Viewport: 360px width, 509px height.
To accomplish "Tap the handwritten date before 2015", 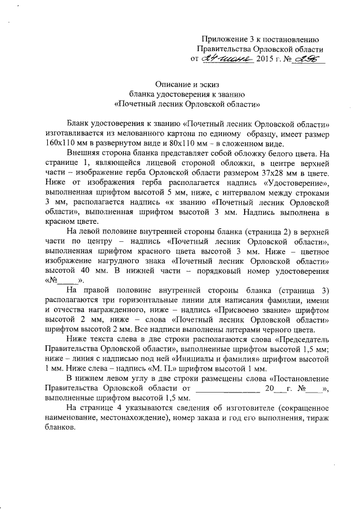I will [227, 58].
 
